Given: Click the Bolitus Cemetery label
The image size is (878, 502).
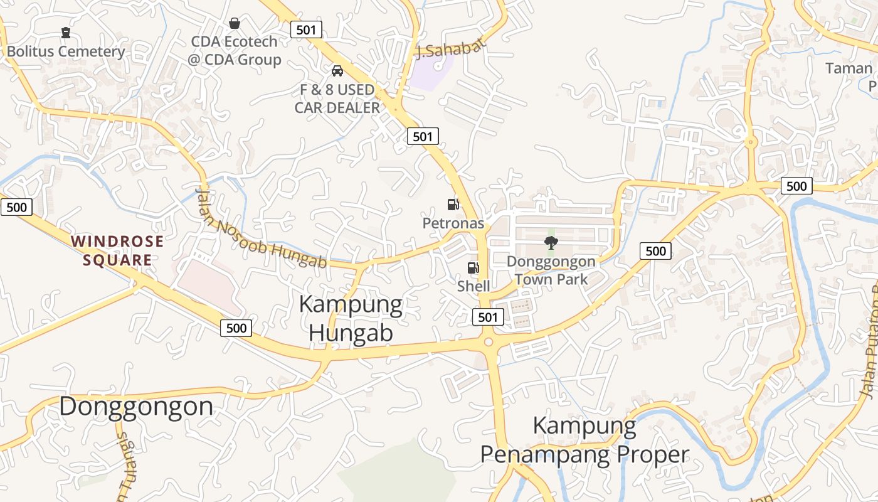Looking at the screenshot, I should tap(66, 51).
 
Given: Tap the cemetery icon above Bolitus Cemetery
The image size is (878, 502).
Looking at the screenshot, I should tap(66, 32).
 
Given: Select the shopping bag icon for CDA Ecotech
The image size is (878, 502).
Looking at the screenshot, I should tap(235, 23).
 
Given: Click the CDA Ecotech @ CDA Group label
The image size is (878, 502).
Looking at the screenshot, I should tap(235, 51).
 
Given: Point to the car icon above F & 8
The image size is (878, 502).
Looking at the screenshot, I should tap(337, 70).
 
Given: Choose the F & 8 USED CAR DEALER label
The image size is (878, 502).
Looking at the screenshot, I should tap(337, 99).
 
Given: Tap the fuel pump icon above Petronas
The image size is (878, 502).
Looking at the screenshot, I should tap(453, 204).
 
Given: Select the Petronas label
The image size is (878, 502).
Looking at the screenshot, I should tap(453, 223).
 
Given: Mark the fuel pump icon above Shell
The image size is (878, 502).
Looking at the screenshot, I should tap(473, 268).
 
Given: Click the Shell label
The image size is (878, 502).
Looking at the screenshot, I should tap(473, 286).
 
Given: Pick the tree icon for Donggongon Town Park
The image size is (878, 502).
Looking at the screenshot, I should tap(551, 242).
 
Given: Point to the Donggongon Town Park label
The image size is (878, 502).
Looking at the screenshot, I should tap(551, 270).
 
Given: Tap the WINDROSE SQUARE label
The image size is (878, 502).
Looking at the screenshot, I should tap(117, 250).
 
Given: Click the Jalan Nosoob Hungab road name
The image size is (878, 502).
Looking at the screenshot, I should tap(262, 229).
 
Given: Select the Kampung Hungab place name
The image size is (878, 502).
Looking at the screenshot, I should tap(351, 318).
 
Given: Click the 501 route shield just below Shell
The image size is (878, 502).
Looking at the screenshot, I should tap(488, 317).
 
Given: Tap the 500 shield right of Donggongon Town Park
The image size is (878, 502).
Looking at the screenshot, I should tap(655, 251).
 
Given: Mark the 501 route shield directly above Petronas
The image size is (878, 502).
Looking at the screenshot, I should tap(423, 136).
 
